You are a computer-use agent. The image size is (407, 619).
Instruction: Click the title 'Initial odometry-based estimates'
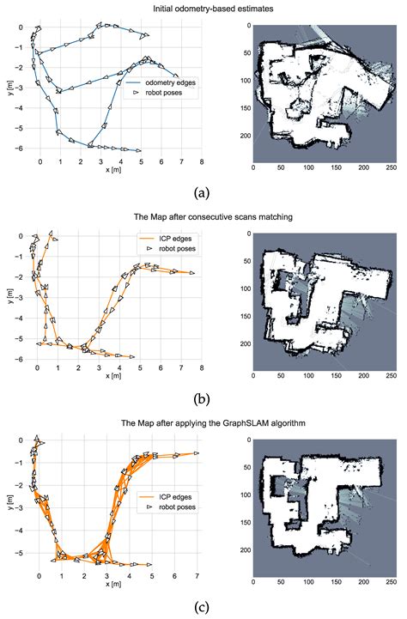[x=203, y=9]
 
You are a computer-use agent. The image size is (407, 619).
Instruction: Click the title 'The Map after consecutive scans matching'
[x=203, y=216]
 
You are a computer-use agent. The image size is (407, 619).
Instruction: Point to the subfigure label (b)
[x=203, y=397]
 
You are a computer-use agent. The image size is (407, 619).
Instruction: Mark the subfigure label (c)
[x=203, y=607]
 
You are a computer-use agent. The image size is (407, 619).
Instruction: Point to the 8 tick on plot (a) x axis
[x=202, y=161]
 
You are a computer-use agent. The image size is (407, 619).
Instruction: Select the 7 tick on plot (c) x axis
[x=197, y=576]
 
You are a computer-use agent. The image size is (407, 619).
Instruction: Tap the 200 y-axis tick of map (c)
[x=244, y=549]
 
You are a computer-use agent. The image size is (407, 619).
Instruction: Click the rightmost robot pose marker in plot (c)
[x=197, y=452]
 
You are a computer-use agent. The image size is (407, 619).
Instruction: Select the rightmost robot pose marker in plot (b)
[x=191, y=273]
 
